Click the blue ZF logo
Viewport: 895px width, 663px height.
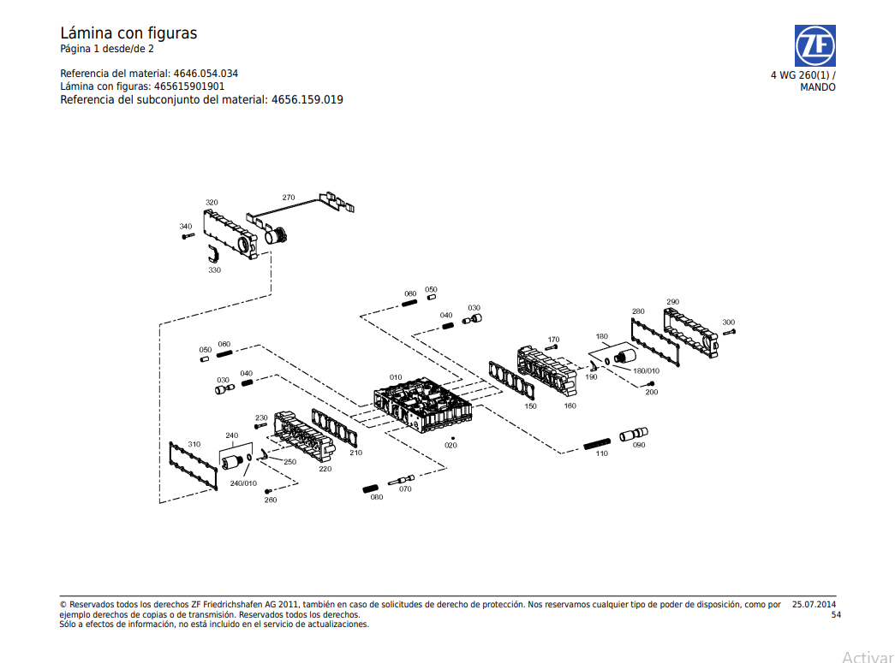pyautogui.click(x=814, y=46)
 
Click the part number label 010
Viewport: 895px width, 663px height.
pyautogui.click(x=396, y=377)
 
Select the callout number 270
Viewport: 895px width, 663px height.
pyautogui.click(x=289, y=198)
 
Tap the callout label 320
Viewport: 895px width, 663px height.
pyautogui.click(x=212, y=203)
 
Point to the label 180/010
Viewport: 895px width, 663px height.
pyautogui.click(x=646, y=370)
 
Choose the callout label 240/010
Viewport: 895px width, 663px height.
pyautogui.click(x=243, y=483)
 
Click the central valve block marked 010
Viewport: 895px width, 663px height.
pyautogui.click(x=423, y=404)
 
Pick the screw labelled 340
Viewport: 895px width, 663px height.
pyautogui.click(x=188, y=236)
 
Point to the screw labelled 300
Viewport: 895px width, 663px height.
pyautogui.click(x=731, y=332)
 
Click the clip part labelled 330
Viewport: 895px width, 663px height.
pyautogui.click(x=214, y=253)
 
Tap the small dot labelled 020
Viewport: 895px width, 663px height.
pyautogui.click(x=452, y=438)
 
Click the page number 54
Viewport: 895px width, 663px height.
pyautogui.click(x=836, y=614)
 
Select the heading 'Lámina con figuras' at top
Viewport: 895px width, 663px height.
pyautogui.click(x=128, y=33)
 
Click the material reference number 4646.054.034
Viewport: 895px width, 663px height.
pyautogui.click(x=206, y=74)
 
